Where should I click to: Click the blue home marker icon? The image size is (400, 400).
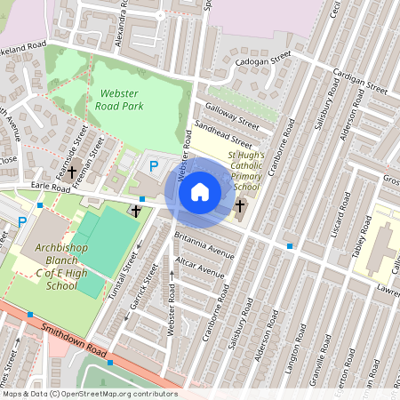pos(200,192)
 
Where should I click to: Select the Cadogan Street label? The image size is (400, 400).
pos(262,59)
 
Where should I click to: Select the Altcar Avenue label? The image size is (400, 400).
pos(200,268)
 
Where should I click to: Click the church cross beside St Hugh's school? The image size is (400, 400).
pos(239,206)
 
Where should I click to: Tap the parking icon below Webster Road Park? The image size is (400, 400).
pos(154,165)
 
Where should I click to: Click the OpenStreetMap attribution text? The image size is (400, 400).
pos(89,394)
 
